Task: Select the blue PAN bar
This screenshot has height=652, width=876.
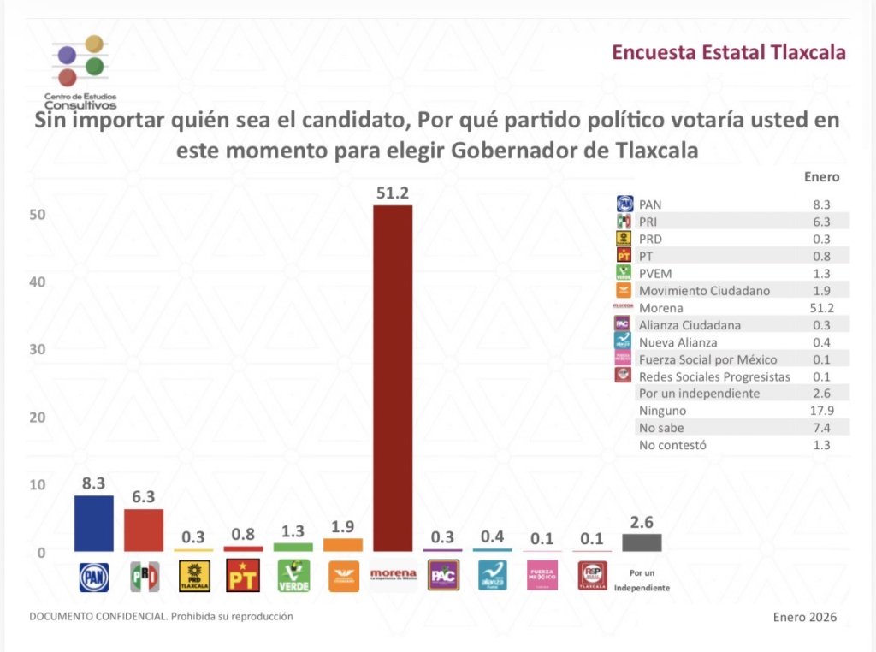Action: [94, 524]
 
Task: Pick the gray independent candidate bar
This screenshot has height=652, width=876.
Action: [642, 542]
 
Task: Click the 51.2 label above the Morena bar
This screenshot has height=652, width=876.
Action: [394, 193]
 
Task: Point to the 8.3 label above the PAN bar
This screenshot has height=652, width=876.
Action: [94, 483]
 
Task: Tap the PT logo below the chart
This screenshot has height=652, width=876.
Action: [244, 577]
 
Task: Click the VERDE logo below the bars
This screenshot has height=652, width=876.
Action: [293, 577]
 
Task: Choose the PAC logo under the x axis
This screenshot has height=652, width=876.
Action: [443, 577]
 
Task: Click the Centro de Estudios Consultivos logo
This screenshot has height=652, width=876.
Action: [81, 73]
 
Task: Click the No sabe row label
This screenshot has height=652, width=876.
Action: [660, 428]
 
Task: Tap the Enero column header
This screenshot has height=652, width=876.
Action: [822, 177]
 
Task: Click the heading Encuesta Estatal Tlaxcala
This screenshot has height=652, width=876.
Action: [729, 53]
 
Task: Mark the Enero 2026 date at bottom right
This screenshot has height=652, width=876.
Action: [804, 617]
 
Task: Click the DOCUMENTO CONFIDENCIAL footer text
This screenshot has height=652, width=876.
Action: [161, 616]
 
